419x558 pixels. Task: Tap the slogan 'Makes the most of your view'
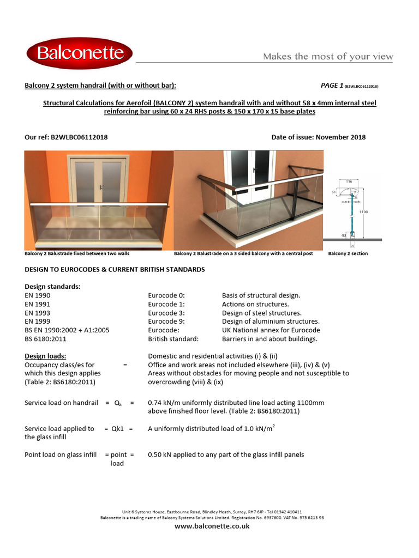coord(328,57)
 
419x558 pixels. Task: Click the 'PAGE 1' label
coord(331,86)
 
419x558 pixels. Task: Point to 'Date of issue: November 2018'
coord(319,137)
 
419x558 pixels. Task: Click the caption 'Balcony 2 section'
coord(348,253)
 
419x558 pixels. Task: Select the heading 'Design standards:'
coord(52,287)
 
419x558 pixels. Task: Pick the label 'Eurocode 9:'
coord(166,322)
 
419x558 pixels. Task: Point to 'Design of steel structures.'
coord(261,313)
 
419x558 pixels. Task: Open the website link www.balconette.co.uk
coord(212,526)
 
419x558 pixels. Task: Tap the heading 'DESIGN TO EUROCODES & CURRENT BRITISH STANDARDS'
coord(115,269)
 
